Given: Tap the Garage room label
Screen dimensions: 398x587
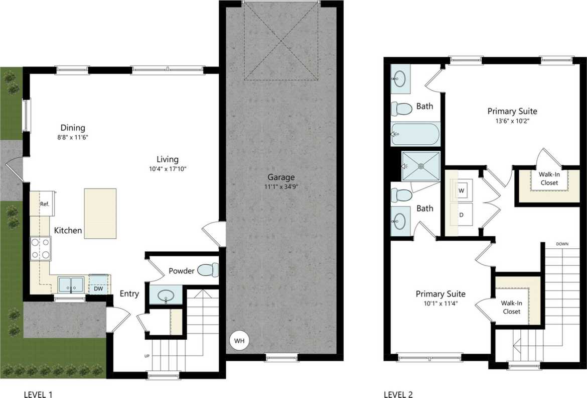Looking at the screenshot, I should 281,177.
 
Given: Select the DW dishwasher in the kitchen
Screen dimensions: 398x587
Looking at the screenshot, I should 98,289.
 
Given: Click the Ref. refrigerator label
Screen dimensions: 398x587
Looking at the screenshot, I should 44,204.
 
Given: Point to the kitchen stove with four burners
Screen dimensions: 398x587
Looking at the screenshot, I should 41,248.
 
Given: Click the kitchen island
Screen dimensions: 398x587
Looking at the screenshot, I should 100,213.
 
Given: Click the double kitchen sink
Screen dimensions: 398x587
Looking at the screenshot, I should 71,285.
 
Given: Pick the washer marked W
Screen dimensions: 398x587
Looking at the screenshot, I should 461,191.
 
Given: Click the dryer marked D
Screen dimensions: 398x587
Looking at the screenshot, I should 461,215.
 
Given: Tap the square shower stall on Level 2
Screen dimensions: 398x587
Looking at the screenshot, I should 421,165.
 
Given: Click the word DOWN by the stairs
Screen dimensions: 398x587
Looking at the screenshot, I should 562,244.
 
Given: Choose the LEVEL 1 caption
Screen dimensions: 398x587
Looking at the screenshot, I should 38,394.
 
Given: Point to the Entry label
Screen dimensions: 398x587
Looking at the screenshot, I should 129,294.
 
